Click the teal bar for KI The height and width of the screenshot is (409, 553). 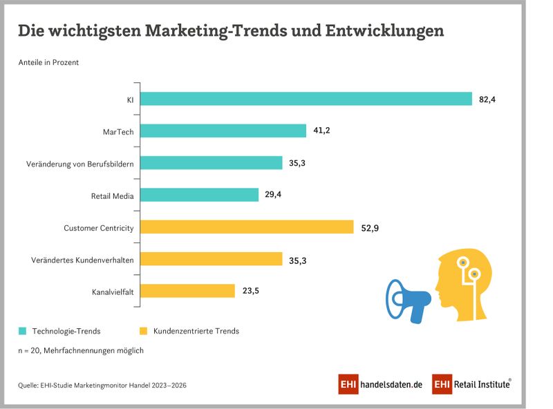point(307,99)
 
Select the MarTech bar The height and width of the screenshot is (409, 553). point(224,131)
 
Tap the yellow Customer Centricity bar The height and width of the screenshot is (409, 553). point(247,227)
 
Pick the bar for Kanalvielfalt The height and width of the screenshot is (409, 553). point(188,291)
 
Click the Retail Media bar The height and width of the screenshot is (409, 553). point(200,196)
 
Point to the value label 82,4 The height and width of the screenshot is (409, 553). point(487,99)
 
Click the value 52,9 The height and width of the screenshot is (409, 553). point(370,227)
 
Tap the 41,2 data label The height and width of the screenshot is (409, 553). point(322,131)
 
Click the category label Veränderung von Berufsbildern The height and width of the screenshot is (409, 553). point(79,164)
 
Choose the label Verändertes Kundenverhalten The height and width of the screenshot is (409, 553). point(82,260)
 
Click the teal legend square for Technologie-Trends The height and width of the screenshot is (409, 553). point(23,331)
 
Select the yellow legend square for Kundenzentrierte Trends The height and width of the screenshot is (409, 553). point(144,331)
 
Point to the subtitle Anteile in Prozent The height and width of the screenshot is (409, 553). point(48,62)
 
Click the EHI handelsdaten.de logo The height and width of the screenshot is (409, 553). point(379,384)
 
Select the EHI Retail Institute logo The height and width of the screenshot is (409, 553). point(472,384)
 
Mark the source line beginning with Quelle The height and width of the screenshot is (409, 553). point(102,385)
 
